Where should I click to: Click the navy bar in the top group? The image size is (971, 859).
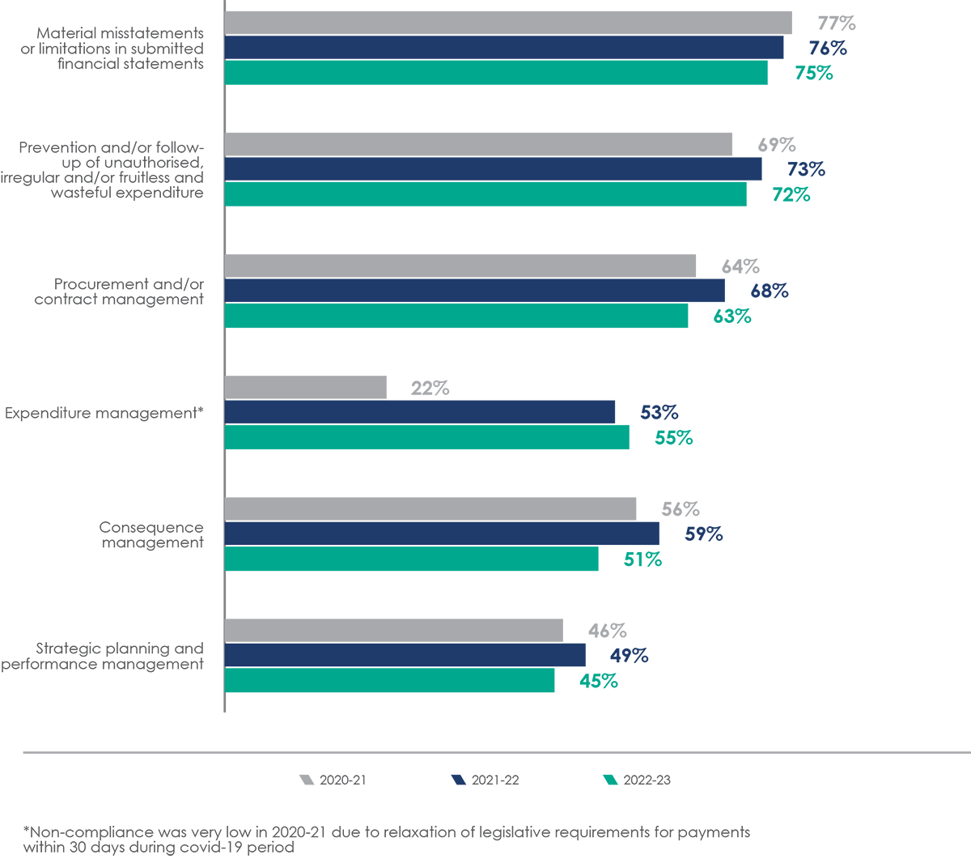pyautogui.click(x=502, y=48)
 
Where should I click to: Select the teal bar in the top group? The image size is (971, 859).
pyautogui.click(x=502, y=84)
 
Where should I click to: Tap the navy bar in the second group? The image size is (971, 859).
pyautogui.click(x=485, y=169)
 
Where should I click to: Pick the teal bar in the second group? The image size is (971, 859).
pyautogui.click(x=485, y=206)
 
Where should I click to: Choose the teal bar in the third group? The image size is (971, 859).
pyautogui.click(x=453, y=327)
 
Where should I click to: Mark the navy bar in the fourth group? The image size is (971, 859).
pyautogui.click(x=421, y=412)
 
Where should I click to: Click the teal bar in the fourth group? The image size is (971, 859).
pyautogui.click(x=421, y=449)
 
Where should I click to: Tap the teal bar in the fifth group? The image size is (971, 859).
pyautogui.click(x=405, y=570)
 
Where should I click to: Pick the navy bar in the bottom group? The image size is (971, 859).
pyautogui.click(x=388, y=655)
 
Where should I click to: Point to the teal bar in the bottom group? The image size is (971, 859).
pyautogui.click(x=388, y=693)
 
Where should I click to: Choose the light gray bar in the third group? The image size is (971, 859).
pyautogui.click(x=461, y=255)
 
